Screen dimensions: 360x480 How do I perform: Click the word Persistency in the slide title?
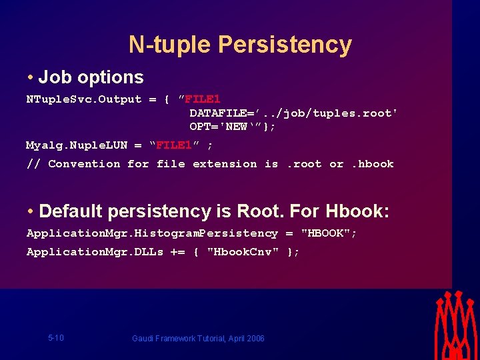(285, 45)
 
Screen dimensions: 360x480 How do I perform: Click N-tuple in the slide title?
(170, 45)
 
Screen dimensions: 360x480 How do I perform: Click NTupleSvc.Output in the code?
(84, 99)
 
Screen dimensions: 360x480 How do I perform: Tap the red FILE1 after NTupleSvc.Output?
(203, 99)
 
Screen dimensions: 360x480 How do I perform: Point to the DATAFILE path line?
(293, 113)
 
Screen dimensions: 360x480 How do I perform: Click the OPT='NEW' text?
(227, 126)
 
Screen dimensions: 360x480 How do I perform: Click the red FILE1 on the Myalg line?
(174, 145)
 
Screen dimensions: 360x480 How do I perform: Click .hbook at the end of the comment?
(372, 164)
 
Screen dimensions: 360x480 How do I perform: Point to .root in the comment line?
(303, 164)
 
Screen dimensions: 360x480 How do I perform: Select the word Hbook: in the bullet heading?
(357, 212)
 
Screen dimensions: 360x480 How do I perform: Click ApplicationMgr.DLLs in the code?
(95, 252)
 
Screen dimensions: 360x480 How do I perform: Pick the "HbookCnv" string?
(243, 252)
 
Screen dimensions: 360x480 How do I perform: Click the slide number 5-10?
(56, 338)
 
